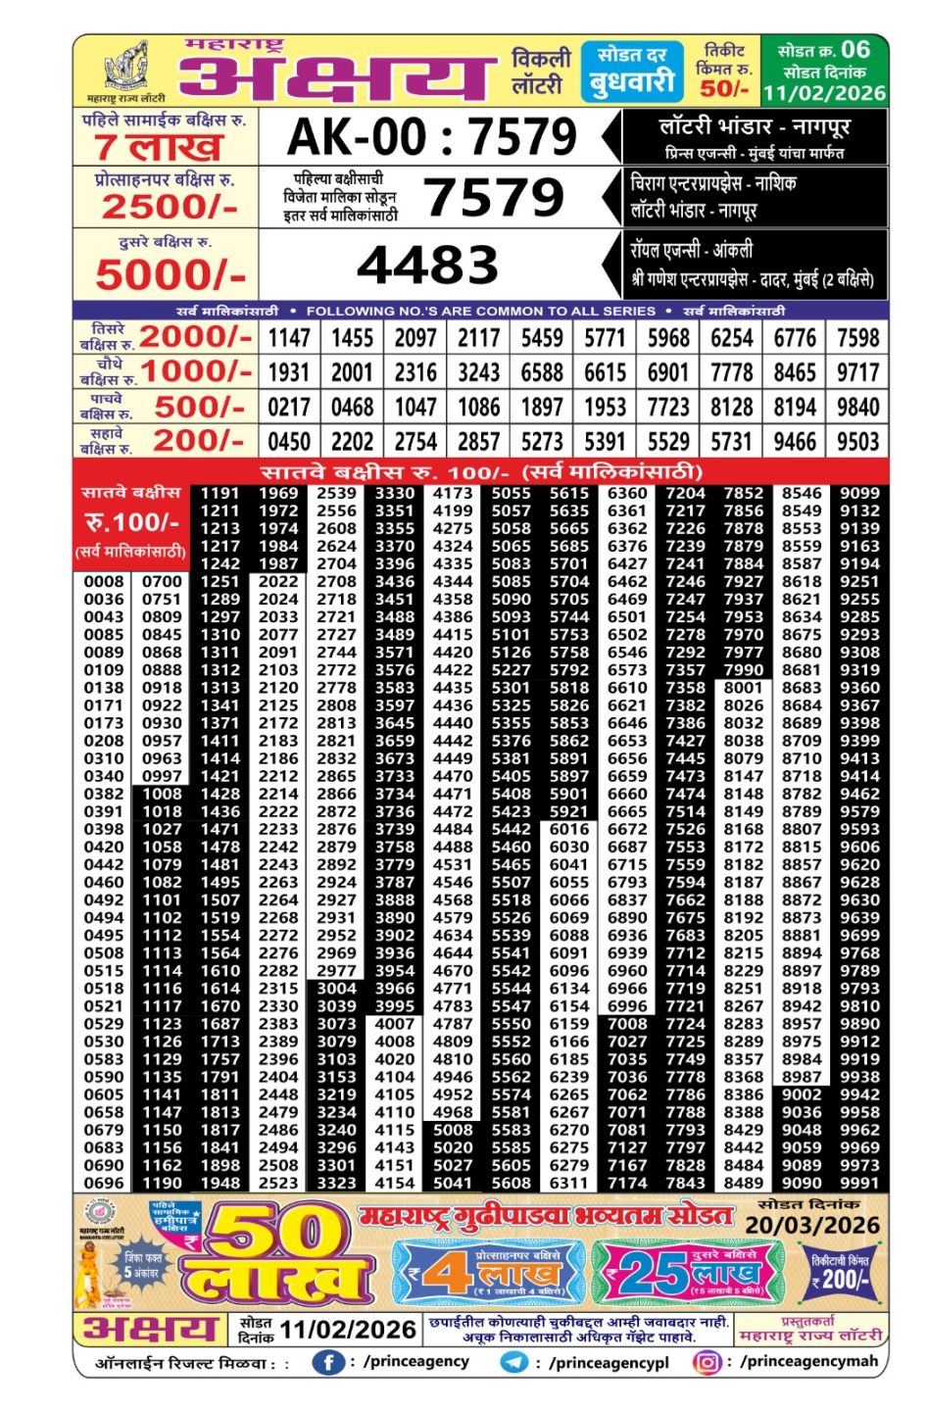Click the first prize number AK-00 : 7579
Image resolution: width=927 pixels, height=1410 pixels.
(431, 136)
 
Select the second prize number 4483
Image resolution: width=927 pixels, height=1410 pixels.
(428, 266)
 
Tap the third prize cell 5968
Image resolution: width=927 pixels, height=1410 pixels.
(668, 338)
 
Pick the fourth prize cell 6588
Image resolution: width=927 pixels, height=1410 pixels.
(542, 372)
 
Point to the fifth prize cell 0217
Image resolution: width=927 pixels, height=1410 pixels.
(289, 407)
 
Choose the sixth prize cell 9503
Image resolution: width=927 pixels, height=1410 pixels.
(857, 441)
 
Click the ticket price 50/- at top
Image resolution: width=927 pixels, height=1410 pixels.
(725, 88)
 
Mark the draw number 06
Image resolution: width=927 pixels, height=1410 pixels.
(854, 49)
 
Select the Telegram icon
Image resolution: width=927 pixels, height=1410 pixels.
(513, 1362)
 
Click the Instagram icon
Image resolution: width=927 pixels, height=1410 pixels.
(706, 1362)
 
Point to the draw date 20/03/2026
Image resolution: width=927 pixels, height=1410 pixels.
(811, 1225)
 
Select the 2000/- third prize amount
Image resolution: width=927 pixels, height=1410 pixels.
(196, 337)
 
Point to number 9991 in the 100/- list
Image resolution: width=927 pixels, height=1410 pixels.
(859, 1183)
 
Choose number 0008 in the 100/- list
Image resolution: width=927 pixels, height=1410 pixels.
(103, 582)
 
